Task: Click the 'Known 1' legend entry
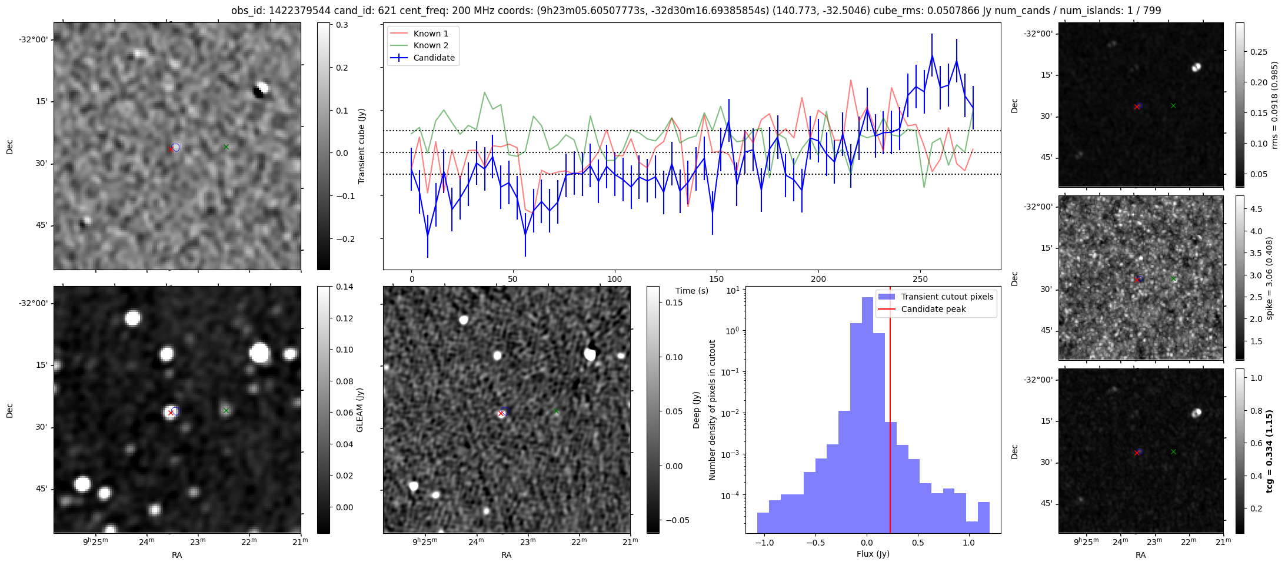(431, 34)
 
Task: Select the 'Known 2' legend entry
(431, 45)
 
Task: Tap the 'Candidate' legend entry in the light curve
(434, 58)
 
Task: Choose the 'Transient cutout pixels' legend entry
(947, 297)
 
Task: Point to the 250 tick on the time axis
(920, 279)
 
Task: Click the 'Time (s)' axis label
(692, 291)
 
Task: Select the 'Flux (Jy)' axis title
(873, 554)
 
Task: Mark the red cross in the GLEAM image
(171, 413)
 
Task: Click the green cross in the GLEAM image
(226, 410)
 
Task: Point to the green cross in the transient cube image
(226, 147)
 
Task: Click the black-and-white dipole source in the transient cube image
(259, 90)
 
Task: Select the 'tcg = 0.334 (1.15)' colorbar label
(1270, 451)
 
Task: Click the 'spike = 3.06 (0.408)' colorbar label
(1270, 278)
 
